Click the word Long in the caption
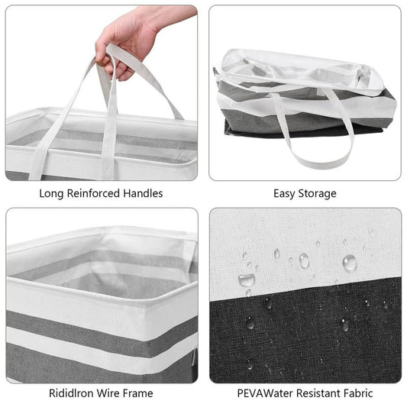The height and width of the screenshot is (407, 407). tap(50, 194)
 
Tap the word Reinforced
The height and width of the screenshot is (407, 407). tap(93, 193)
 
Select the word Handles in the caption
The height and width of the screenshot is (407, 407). tap(143, 193)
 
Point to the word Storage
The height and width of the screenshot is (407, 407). tap(318, 194)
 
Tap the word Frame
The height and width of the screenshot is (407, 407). tap(137, 393)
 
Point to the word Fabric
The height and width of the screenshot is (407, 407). tap(358, 393)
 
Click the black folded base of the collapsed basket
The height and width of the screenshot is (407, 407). tap(299, 131)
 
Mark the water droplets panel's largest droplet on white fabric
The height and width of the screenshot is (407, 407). tap(350, 263)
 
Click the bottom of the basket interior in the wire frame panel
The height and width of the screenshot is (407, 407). tap(122, 286)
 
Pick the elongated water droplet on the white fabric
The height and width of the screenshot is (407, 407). tap(246, 279)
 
